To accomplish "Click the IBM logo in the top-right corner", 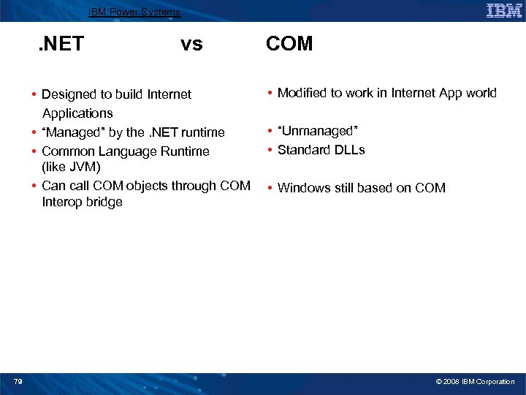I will (x=503, y=10).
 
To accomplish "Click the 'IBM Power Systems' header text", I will (x=134, y=12).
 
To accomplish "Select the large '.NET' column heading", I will (x=61, y=45).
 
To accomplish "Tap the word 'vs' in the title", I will (x=191, y=45).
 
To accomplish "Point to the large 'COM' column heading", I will (x=289, y=45).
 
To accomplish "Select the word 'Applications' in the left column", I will (x=77, y=113).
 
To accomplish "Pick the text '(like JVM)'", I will (x=71, y=168).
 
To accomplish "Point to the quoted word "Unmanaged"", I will (x=317, y=131).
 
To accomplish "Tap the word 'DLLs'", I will (x=348, y=150).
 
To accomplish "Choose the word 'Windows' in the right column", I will (x=302, y=188).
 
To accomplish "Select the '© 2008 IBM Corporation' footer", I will (x=475, y=382).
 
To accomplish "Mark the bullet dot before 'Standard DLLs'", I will (x=270, y=150).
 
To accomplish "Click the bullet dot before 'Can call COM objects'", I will (x=34, y=186).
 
